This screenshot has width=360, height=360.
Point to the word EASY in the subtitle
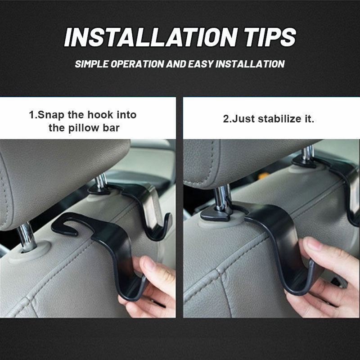[x=198, y=63]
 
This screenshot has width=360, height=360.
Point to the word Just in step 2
[x=243, y=120]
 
